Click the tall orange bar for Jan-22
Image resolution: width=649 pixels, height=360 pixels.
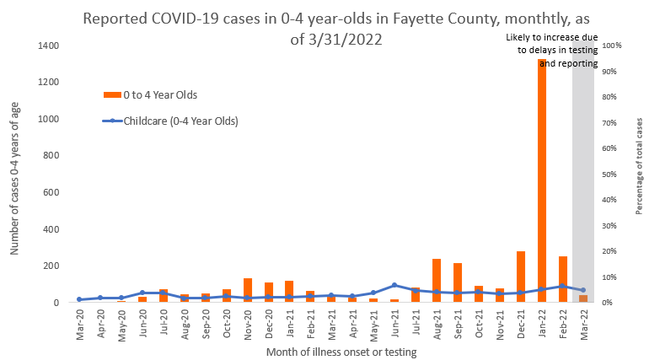(541, 180)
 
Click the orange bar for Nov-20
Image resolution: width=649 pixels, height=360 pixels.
(248, 290)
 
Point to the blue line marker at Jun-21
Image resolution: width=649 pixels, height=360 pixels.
(394, 285)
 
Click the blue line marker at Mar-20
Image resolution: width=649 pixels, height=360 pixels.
(79, 299)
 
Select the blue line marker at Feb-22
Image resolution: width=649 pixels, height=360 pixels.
(562, 286)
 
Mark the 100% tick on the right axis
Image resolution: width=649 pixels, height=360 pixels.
(614, 46)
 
